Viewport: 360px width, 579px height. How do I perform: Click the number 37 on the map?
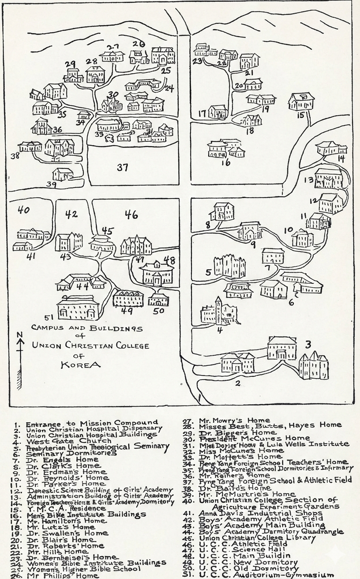[123, 167]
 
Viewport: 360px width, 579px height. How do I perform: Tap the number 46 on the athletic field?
[131, 215]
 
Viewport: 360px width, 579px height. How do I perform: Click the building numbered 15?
[301, 102]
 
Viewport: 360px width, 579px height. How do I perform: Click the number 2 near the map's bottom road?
[237, 383]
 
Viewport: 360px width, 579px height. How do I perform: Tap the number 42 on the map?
[71, 214]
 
